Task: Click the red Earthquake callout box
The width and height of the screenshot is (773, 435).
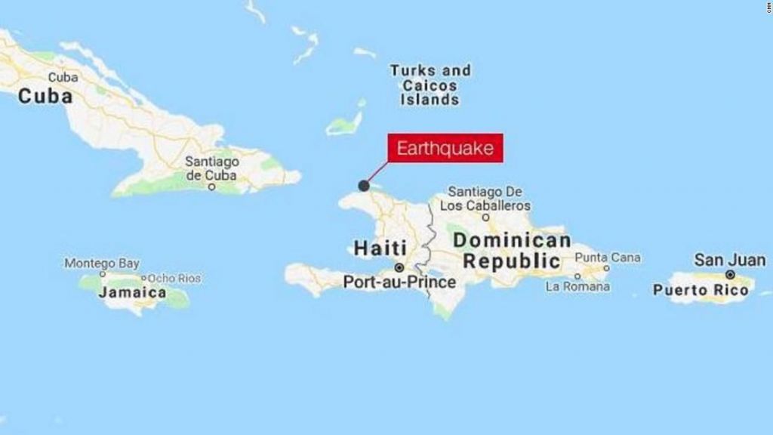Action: tap(445, 147)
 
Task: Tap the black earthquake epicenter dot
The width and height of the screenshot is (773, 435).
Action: tap(364, 186)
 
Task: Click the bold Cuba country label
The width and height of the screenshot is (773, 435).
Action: tap(45, 96)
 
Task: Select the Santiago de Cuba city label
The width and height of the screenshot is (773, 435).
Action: tap(211, 168)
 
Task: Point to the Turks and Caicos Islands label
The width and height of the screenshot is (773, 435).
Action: tap(430, 85)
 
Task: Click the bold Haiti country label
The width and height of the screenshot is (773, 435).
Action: tap(380, 248)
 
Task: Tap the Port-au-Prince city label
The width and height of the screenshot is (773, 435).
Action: tap(399, 282)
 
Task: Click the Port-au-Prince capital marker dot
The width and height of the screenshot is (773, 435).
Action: tap(399, 267)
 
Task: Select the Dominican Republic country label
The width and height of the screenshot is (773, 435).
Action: tap(512, 251)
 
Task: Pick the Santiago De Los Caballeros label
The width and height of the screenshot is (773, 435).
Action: tap(485, 199)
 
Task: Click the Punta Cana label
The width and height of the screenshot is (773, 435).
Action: tap(608, 258)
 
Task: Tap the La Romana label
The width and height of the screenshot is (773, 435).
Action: tap(577, 287)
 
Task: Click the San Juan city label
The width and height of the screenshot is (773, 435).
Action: tap(729, 260)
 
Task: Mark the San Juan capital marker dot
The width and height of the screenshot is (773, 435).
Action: tap(730, 274)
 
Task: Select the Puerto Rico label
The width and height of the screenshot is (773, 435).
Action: tap(701, 290)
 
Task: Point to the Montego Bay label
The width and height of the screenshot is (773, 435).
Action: tap(102, 264)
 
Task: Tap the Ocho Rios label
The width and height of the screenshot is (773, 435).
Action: tap(175, 278)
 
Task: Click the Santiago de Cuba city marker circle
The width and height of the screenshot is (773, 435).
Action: tap(212, 186)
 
